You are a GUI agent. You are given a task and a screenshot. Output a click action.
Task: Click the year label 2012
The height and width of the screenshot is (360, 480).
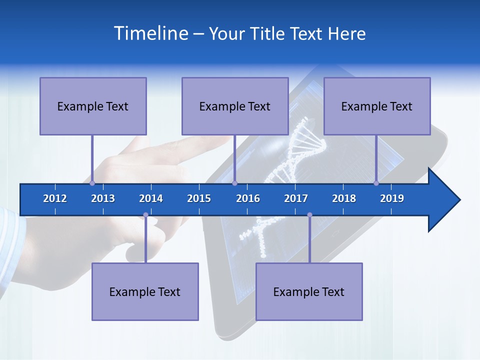coord(55,198)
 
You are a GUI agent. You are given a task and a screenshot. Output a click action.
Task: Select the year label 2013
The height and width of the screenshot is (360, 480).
coord(103,198)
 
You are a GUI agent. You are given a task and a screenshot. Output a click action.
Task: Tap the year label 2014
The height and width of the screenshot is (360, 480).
coord(151,198)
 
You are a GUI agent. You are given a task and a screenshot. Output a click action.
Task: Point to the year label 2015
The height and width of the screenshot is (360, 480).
coord(199,198)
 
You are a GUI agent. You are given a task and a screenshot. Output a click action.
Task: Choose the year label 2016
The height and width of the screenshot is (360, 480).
coord(248,198)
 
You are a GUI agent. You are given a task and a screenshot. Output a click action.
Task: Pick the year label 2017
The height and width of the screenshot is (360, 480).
coord(296,198)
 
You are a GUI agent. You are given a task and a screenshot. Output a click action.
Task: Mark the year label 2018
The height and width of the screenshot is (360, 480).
coord(344,198)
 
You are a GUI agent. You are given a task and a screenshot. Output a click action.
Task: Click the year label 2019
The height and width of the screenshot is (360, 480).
coord(392,198)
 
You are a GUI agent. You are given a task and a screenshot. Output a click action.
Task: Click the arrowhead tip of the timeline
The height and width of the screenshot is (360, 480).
coord(459,200)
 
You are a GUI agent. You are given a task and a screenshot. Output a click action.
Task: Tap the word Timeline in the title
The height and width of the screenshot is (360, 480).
coord(150,33)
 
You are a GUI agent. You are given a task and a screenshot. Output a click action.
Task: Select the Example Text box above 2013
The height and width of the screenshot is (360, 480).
coord(93,106)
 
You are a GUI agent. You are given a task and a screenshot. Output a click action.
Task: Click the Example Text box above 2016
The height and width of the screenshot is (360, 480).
coord(235,106)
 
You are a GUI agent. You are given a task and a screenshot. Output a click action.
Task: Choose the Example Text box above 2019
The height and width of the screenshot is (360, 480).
coord(377,106)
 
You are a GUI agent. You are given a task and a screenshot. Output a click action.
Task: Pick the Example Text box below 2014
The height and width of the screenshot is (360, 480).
coord(145,291)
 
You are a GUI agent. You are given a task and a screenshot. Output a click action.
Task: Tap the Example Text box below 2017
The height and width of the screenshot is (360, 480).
coord(309,291)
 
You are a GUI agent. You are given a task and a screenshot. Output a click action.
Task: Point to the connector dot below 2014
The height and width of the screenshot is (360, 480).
coord(145,215)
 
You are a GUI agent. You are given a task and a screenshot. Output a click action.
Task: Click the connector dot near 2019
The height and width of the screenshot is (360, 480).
coord(376,183)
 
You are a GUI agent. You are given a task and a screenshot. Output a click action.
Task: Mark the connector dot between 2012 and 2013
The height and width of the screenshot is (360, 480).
coord(92,183)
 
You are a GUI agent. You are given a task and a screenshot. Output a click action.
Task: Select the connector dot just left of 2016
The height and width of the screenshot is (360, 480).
coord(234,183)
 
